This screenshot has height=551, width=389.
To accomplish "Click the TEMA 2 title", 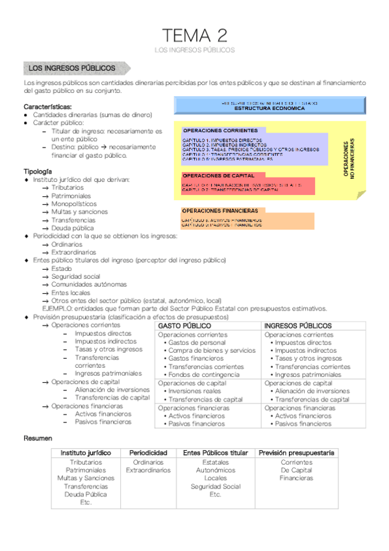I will coord(195,34).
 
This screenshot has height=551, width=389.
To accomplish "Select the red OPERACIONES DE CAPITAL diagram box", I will coord(247,184).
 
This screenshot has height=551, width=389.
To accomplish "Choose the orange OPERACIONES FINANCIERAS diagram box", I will coord(247,220).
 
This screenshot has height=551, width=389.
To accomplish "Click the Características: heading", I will coord(47,107).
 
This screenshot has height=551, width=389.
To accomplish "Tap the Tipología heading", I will coord(39,172).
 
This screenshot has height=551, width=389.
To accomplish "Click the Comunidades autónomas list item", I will coord(89,285).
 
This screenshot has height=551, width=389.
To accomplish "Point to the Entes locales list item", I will coord(71,293).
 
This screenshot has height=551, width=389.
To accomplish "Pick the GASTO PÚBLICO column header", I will coord(184,326).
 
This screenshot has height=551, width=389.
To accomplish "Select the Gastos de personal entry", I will coord(197,342).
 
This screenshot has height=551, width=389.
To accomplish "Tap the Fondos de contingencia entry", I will coord(203,375).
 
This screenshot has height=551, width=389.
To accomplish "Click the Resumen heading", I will coord(38,439).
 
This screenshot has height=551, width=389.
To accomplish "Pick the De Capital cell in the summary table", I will coord(296,470).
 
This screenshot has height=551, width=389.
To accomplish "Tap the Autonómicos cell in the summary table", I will coord(216,470).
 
